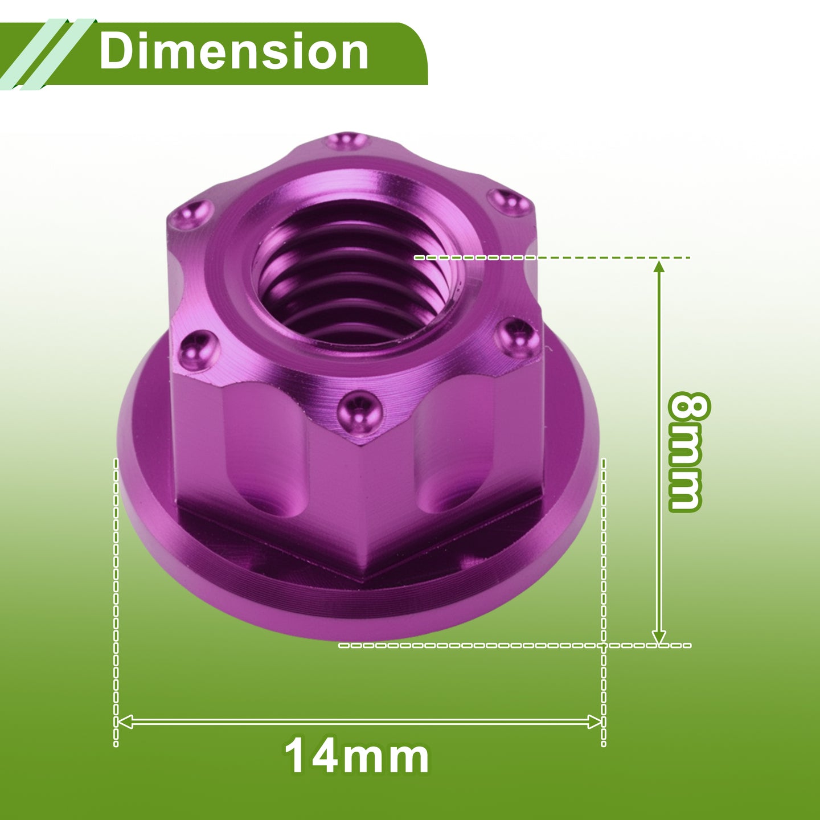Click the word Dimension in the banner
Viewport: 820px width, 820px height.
point(234,52)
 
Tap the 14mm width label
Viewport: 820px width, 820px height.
point(356,758)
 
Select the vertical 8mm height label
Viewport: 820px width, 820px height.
point(686,452)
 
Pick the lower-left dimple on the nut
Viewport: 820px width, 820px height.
point(198,350)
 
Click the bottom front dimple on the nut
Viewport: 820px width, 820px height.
point(359,413)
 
